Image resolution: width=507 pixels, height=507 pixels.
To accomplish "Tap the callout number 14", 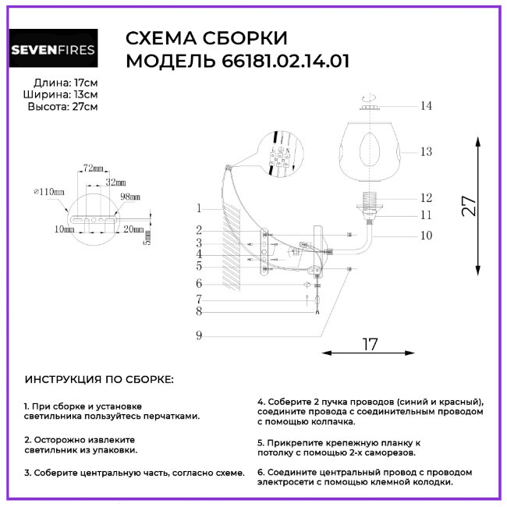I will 426,105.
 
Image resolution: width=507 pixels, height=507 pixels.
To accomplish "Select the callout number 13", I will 426,151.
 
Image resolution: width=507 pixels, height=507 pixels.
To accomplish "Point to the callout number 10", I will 426,235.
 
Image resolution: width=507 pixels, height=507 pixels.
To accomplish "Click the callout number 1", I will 200,208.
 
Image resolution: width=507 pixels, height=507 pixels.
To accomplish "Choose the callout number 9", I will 200,335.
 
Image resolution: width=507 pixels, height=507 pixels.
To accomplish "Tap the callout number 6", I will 200,283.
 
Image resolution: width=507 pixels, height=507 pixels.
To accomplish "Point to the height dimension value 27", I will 468,204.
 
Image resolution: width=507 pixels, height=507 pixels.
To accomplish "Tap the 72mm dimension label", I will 94,168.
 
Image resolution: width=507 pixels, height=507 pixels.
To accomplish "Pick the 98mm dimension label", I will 130,198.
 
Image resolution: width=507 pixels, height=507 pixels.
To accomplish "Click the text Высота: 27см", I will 62,107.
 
